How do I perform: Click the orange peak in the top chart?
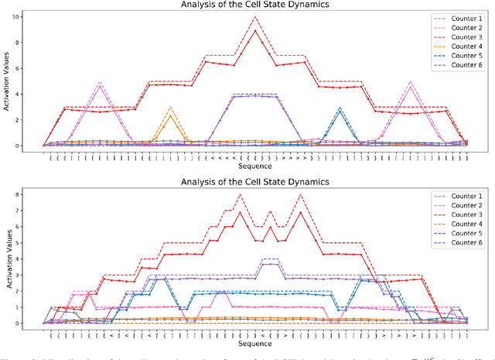click(170, 108)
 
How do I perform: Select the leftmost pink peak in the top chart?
click(100, 82)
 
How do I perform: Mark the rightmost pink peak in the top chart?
click(410, 82)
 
